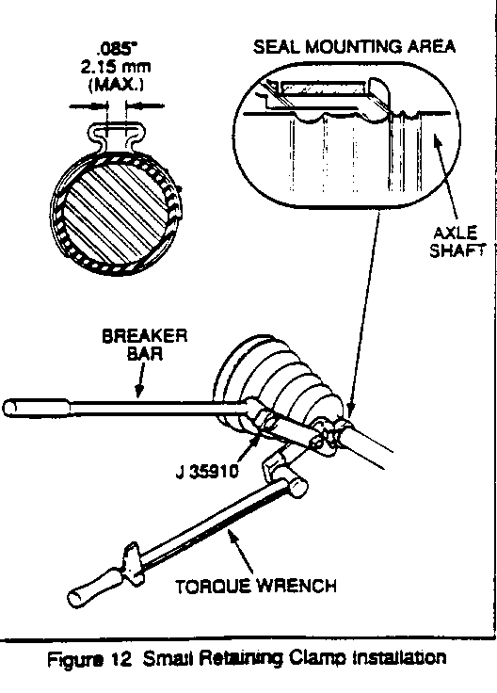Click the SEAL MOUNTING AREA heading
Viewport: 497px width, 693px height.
(354, 47)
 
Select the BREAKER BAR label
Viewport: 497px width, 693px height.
(144, 345)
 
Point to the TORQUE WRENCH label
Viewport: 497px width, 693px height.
(256, 587)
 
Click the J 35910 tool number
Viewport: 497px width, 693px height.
(207, 472)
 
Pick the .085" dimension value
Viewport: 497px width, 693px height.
(116, 49)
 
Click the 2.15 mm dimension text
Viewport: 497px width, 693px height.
(116, 67)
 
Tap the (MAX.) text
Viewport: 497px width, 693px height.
(116, 84)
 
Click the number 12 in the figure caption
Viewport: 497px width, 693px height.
(121, 659)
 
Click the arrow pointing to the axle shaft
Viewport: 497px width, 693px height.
(445, 178)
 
